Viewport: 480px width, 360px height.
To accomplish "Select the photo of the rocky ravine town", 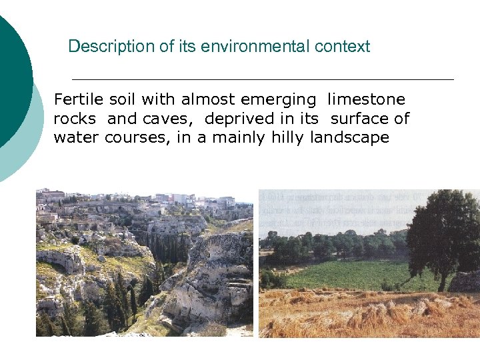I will [145, 263].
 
